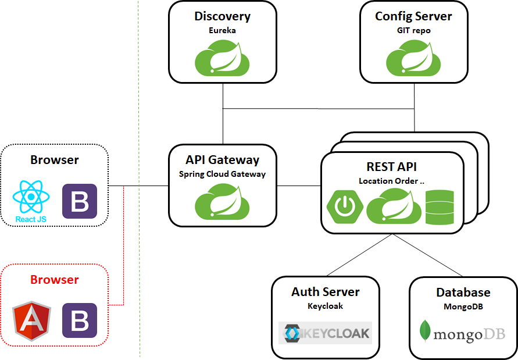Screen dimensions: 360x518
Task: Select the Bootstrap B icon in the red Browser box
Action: click(80, 320)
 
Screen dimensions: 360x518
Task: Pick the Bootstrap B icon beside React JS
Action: click(80, 201)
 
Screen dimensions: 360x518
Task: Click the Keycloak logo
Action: click(325, 333)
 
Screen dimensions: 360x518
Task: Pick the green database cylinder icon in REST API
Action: click(440, 208)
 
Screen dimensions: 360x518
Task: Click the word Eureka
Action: click(222, 30)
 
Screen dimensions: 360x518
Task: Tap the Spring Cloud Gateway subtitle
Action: click(222, 174)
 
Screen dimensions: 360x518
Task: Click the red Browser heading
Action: click(54, 280)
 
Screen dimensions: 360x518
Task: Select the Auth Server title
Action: click(325, 292)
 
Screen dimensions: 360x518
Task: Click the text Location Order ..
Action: click(388, 181)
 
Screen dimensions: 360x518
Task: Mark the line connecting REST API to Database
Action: click(428, 255)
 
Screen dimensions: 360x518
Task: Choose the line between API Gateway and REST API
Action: click(299, 186)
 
